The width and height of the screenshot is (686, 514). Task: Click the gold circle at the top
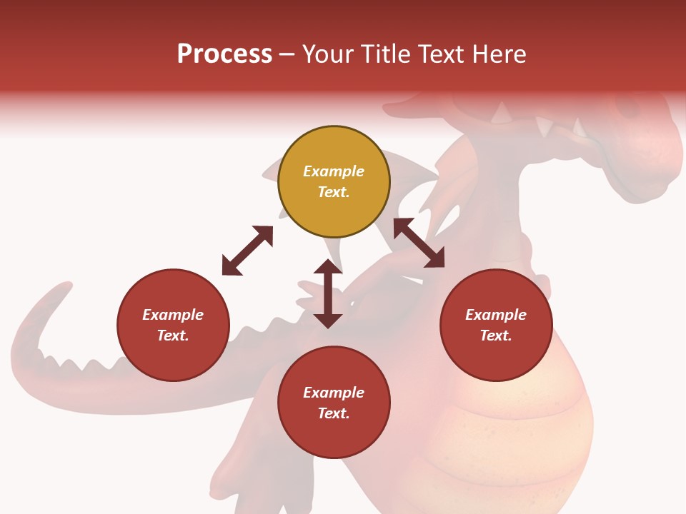point(334,182)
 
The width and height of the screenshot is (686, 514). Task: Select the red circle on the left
point(173,326)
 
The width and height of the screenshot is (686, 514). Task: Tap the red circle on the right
point(496,326)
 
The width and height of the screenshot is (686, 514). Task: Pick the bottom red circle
point(334,403)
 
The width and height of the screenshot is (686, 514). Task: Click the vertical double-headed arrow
point(328,293)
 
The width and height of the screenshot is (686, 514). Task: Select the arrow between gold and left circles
point(247,251)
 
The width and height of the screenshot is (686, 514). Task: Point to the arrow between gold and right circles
point(419,243)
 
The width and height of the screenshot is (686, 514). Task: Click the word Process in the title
point(224,54)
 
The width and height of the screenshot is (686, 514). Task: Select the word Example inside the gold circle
point(334,171)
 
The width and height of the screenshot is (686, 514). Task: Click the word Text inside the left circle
point(173,336)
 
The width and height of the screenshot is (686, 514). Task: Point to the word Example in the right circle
point(496,315)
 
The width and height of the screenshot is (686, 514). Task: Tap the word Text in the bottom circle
point(334,413)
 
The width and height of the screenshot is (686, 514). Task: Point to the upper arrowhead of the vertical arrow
point(328,266)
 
